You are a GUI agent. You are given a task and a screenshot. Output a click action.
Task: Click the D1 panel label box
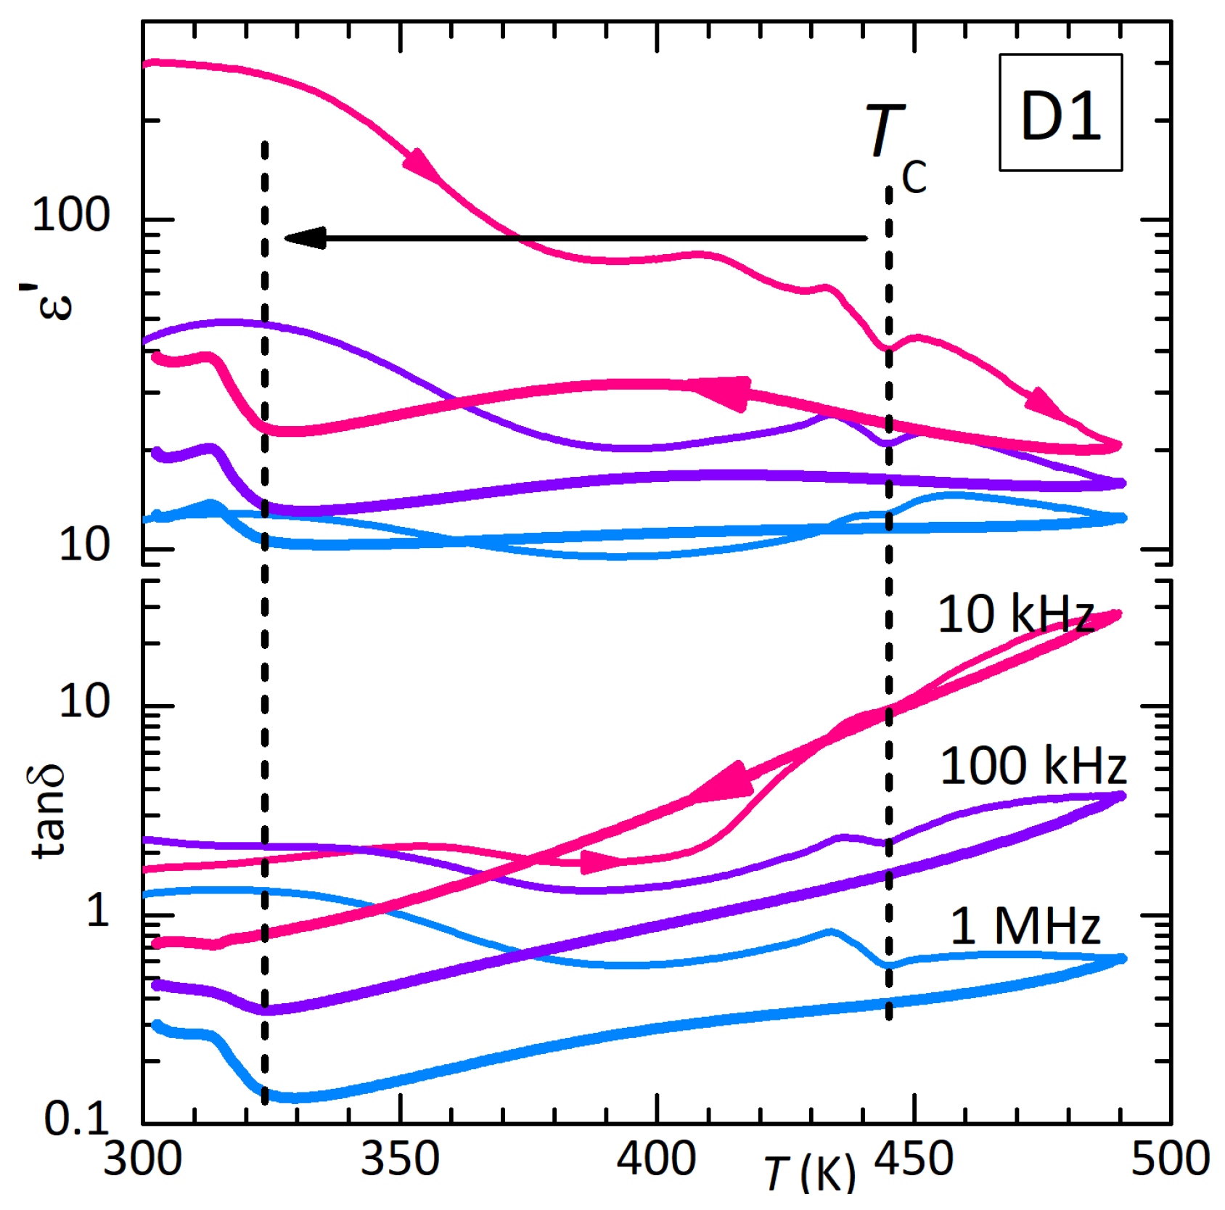(x=1060, y=113)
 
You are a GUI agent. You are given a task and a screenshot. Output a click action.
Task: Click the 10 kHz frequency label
(x=1015, y=615)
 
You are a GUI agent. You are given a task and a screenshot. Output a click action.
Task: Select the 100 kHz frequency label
(x=1032, y=766)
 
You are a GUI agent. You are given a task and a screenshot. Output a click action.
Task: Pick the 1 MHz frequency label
(x=1025, y=926)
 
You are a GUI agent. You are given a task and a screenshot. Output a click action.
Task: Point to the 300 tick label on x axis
(x=143, y=1158)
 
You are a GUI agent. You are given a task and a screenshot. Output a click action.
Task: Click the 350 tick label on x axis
(x=400, y=1158)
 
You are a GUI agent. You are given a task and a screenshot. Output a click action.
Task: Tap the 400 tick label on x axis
(x=656, y=1158)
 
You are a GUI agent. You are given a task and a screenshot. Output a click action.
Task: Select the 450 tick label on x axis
(x=913, y=1158)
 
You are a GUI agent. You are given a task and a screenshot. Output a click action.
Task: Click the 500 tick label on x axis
(x=1170, y=1158)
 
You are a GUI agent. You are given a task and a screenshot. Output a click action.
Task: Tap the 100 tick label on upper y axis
(x=70, y=216)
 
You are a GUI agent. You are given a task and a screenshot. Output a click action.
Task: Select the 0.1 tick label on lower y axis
(x=76, y=1119)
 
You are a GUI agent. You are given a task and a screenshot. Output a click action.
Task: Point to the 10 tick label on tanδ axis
(x=84, y=701)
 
